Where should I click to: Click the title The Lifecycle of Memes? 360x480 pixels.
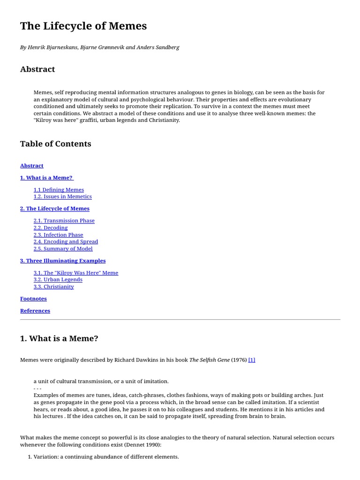click(x=83, y=26)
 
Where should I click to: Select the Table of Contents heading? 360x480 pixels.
click(x=56, y=144)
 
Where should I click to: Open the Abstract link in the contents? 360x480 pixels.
click(x=32, y=165)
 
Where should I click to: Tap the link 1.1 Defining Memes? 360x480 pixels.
click(x=59, y=190)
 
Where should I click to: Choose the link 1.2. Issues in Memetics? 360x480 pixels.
click(x=62, y=197)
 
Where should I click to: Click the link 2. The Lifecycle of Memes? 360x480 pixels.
click(x=55, y=209)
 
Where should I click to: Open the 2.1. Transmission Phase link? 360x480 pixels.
click(x=64, y=221)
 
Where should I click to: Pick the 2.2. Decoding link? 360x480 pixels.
click(x=51, y=228)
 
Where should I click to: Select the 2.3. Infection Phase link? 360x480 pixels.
click(x=58, y=235)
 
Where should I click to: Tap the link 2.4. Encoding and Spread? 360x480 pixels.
click(x=66, y=242)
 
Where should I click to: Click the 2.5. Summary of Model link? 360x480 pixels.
click(x=63, y=249)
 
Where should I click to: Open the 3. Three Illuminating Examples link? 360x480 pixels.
click(x=63, y=261)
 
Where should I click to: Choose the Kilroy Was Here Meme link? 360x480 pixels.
click(x=76, y=273)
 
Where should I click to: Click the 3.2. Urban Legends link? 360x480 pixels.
click(x=58, y=280)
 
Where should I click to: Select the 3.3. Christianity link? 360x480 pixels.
click(x=53, y=287)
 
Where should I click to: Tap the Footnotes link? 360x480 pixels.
click(x=33, y=299)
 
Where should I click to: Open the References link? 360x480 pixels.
click(x=35, y=311)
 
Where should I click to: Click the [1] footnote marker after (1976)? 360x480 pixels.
click(x=252, y=360)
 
